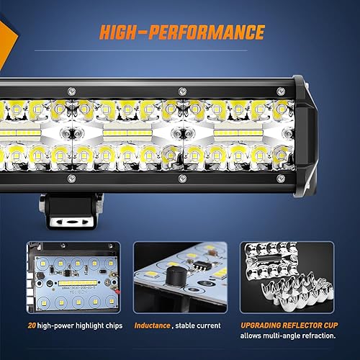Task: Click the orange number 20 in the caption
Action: point(32,325)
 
